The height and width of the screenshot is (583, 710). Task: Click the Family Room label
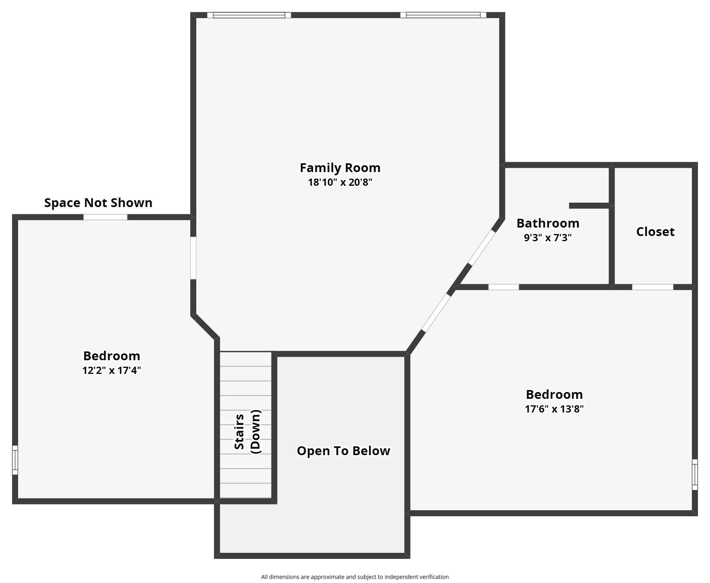(x=340, y=168)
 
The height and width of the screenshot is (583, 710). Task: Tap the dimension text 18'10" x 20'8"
(x=340, y=182)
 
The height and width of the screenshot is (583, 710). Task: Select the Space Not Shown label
(x=98, y=203)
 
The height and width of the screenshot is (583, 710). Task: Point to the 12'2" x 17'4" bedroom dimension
(x=112, y=370)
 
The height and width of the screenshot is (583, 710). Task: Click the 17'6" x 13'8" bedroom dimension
(x=554, y=409)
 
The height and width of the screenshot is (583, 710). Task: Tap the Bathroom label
(x=548, y=223)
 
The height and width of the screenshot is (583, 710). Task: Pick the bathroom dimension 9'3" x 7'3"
(x=548, y=238)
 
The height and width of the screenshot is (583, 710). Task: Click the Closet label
(x=655, y=232)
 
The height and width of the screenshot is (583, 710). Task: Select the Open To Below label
(x=344, y=451)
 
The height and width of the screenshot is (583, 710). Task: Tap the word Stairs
(x=239, y=432)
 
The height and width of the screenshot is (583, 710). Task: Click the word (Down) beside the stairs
(x=256, y=432)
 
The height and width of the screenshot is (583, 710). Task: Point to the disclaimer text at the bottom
(x=355, y=577)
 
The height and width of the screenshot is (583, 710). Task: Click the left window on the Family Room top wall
(x=249, y=15)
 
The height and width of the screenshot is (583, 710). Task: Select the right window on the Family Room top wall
(x=443, y=15)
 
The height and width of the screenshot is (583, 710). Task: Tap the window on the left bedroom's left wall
(x=15, y=460)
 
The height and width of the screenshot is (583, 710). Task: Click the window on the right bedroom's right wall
(x=695, y=474)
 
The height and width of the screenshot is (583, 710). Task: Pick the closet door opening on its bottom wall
(x=652, y=287)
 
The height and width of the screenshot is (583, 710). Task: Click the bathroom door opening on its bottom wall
(x=504, y=287)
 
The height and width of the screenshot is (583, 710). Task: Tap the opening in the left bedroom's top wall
(x=105, y=217)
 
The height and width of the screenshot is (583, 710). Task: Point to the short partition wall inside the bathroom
(x=589, y=205)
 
